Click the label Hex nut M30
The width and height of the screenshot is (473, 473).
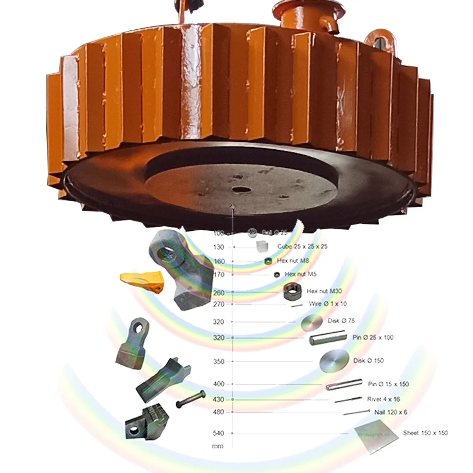pos(324,291)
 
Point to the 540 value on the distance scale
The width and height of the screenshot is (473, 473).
pos(218,433)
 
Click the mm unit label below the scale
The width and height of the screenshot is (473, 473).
pos(217,446)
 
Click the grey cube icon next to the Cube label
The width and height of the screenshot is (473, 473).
pos(262,246)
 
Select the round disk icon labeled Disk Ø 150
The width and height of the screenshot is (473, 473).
pos(334,361)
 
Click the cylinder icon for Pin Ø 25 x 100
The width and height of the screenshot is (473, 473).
pos(327,337)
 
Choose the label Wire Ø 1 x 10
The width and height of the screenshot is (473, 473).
pos(328,304)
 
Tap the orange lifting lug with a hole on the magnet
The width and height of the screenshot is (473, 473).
pos(379,39)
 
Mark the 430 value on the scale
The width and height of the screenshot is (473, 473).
pos(218,399)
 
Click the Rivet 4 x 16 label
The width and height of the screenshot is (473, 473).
pos(384,399)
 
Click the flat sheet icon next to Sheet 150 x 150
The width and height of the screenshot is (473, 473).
pos(376,435)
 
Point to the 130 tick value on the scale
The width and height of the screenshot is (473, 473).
pos(218,247)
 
